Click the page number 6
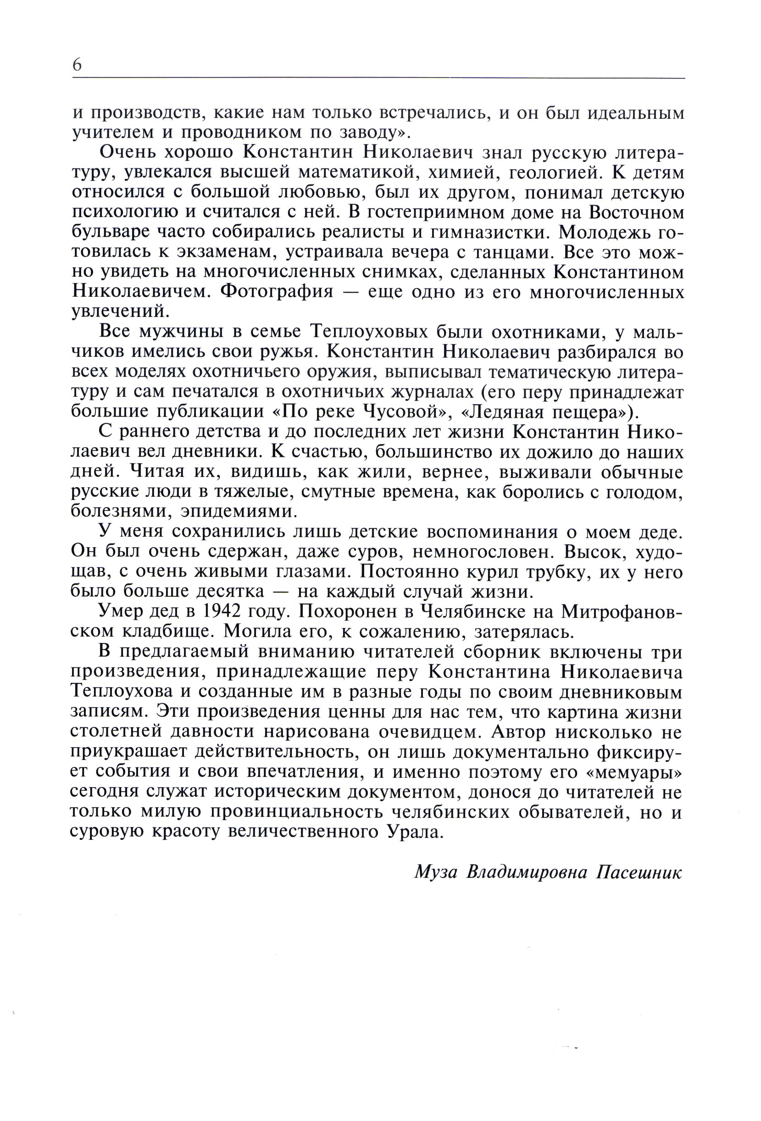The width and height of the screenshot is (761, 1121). (x=77, y=65)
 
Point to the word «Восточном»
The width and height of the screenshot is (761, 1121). (x=636, y=212)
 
